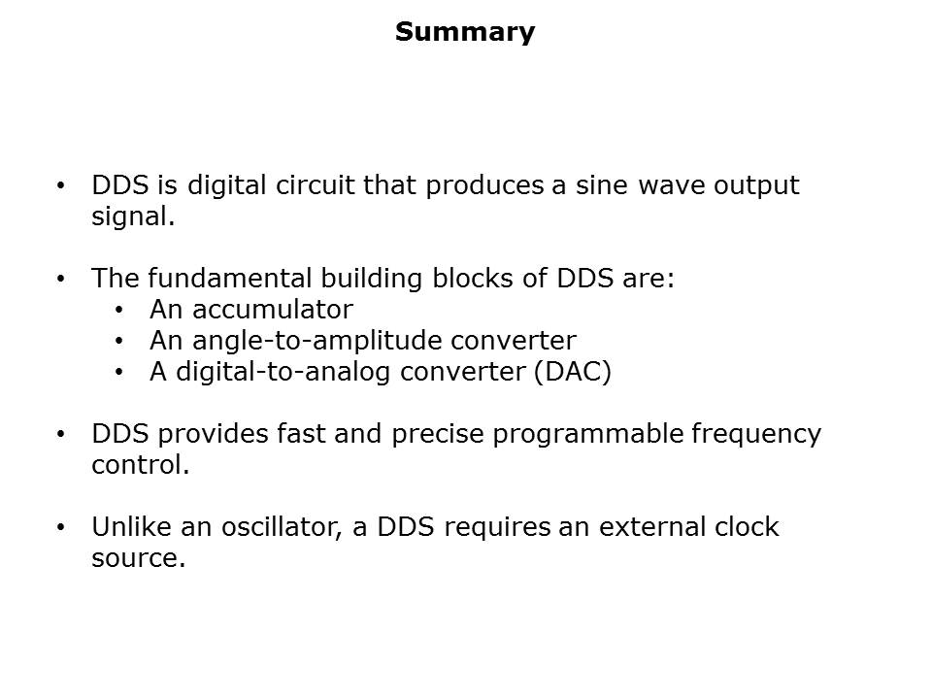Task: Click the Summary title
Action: click(465, 32)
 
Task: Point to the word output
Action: click(753, 185)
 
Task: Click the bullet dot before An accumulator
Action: click(118, 311)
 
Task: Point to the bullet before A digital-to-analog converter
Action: click(118, 373)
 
